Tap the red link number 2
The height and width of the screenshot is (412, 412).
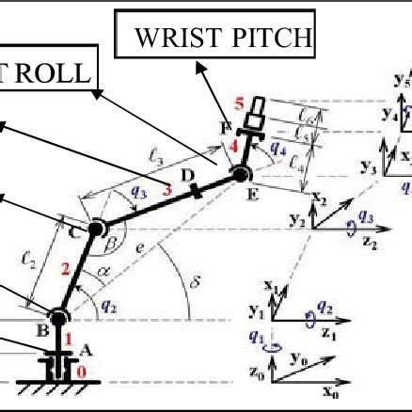65,271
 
